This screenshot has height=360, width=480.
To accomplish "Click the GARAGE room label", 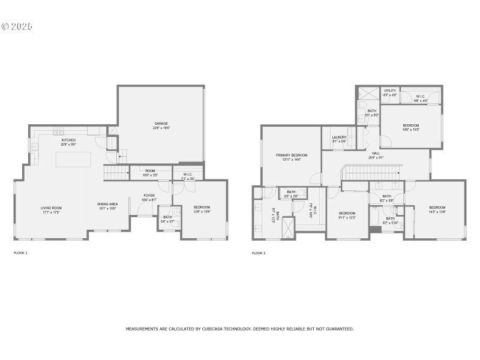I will (161, 124).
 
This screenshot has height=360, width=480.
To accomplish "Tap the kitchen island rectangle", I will (74, 160).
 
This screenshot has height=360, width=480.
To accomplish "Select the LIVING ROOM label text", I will (52, 208).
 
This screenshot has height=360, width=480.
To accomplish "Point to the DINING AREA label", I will (107, 205).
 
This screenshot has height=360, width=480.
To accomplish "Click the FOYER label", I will (149, 196).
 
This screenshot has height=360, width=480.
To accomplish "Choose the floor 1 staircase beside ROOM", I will (117, 173).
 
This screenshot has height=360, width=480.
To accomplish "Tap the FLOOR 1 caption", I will (20, 253).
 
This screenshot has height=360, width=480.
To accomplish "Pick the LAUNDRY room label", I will (339, 137).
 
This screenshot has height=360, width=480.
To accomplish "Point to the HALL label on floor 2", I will (376, 154).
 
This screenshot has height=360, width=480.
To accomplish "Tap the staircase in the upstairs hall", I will (372, 173).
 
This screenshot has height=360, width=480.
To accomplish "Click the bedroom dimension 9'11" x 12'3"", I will (347, 217).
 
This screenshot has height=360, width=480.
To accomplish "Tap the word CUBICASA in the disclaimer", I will (237, 329).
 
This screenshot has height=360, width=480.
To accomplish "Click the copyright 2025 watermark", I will (17, 26).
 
